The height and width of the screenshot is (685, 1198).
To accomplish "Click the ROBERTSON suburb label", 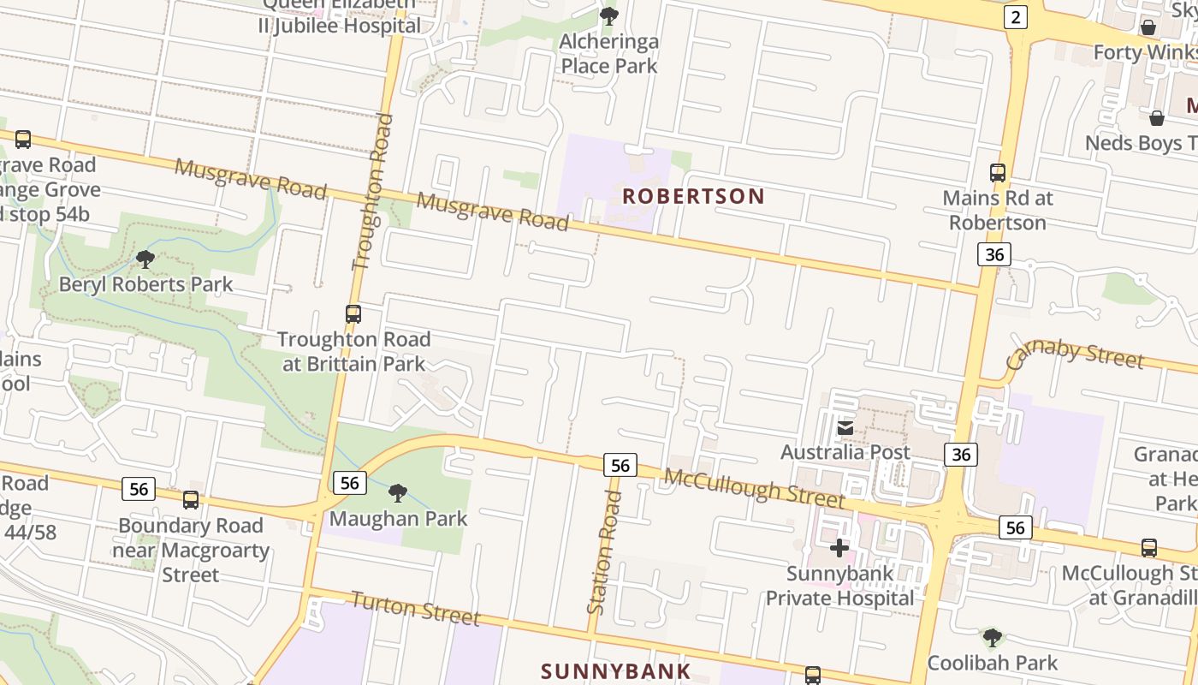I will (693, 196).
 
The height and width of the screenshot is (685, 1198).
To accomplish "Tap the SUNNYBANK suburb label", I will (616, 670).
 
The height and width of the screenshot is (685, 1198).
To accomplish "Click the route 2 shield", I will (1015, 17).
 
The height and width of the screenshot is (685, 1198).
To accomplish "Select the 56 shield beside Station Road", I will (620, 465).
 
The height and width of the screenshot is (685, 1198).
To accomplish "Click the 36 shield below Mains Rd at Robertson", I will (993, 254).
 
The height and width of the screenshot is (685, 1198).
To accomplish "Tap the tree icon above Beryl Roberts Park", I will (145, 259).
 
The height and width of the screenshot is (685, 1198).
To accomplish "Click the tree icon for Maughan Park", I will (398, 493).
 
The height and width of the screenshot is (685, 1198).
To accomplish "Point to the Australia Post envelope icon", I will (845, 427).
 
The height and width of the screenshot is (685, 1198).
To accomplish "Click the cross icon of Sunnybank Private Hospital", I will (839, 548).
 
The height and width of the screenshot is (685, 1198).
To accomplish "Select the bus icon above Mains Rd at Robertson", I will (998, 173).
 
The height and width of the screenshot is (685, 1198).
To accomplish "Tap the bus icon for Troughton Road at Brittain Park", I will (353, 314).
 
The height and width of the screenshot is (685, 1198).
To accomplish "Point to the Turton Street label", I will (416, 608).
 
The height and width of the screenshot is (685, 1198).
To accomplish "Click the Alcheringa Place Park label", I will (608, 54).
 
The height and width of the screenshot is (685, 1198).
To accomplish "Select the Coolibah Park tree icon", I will (993, 638).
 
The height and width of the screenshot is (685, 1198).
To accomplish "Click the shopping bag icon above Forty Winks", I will (1148, 27).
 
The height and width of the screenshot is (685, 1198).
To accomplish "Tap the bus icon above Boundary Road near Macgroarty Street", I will (191, 500).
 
